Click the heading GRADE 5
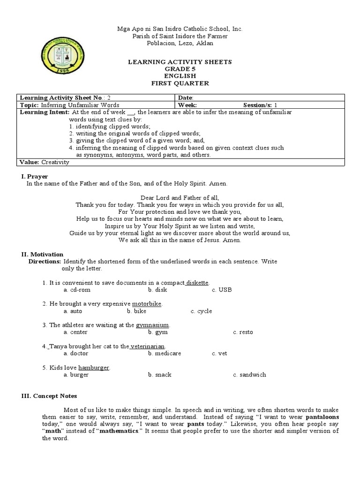point(180,69)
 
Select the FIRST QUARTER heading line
point(180,83)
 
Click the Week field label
point(187,105)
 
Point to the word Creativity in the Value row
point(55,162)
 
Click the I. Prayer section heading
point(35,176)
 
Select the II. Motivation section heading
point(42,254)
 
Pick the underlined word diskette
point(197,283)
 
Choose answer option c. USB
point(222,290)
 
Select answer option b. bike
point(136,311)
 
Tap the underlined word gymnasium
point(152,325)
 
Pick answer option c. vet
point(219,353)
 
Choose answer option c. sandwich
point(249,375)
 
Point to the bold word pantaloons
point(322,417)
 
